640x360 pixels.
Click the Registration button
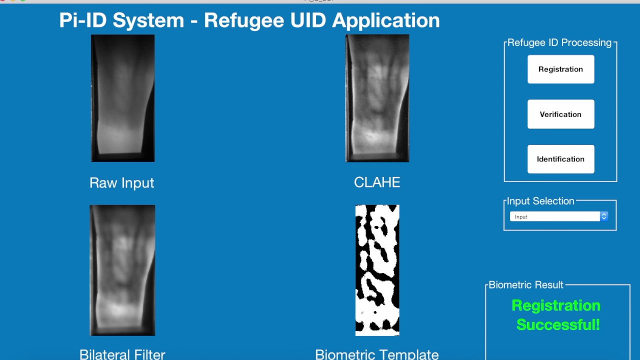click(x=560, y=69)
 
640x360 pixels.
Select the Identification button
click(x=560, y=159)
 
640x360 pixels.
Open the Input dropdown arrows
click(x=604, y=216)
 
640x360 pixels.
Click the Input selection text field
click(x=554, y=216)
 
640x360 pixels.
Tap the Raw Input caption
click(x=121, y=183)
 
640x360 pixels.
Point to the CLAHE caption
click(x=377, y=182)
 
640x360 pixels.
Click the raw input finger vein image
click(x=122, y=98)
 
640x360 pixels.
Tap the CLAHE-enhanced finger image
click(x=377, y=98)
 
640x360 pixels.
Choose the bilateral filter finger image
click(x=122, y=270)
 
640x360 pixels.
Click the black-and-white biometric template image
click(x=377, y=270)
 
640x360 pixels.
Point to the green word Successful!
click(x=558, y=324)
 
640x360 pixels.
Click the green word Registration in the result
click(x=556, y=305)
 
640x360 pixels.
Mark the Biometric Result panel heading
click(x=526, y=285)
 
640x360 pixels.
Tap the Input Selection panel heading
click(x=540, y=201)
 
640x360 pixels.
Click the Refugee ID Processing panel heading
click(x=559, y=43)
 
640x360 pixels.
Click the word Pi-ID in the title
click(x=82, y=20)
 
